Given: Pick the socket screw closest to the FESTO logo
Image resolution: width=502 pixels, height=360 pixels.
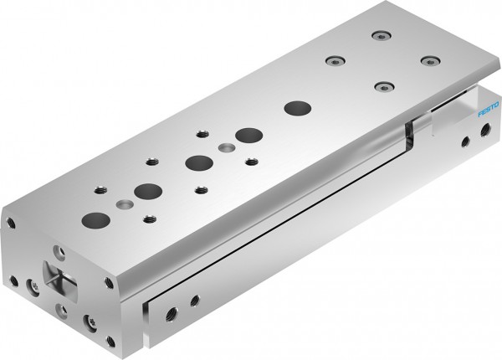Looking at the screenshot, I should [x=429, y=60].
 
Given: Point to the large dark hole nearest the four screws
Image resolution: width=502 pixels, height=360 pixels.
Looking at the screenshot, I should [x=295, y=107].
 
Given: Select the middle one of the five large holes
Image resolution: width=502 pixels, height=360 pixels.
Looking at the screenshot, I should [x=197, y=162].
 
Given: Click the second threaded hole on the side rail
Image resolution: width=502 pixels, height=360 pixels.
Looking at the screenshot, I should [x=195, y=299].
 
